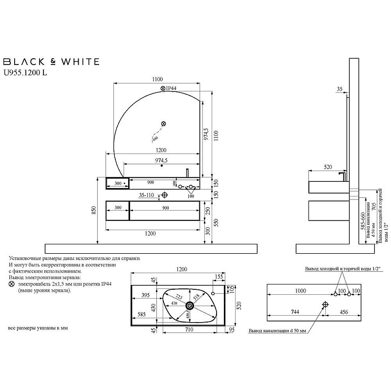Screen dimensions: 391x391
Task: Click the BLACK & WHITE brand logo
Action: [51, 62]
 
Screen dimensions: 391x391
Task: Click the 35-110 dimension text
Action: [147, 195]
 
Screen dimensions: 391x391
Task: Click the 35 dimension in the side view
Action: [340, 89]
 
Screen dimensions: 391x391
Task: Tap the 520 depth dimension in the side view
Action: [329, 167]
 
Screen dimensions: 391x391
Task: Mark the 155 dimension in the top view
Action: [217, 277]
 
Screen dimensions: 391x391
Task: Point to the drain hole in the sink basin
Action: [190, 306]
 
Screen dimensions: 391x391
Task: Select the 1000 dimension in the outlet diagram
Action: [300, 291]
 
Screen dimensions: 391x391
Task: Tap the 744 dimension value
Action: [295, 312]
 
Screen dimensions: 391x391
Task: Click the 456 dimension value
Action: [345, 312]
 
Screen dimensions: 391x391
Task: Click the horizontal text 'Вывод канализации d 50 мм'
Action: [277, 331]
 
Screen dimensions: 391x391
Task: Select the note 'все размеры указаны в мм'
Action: [38, 328]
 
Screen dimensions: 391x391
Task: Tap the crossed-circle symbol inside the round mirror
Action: [164, 124]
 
